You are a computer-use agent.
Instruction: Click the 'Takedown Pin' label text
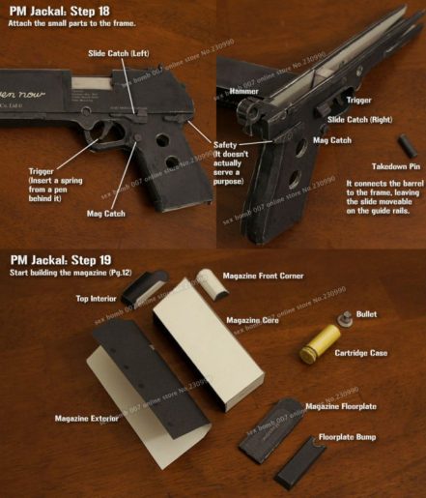pos(383,166)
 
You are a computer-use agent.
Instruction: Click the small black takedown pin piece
pos(408,146)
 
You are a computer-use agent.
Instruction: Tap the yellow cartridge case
pos(319,344)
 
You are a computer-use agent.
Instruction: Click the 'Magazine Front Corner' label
pos(263,276)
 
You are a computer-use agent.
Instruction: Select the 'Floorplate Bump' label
pos(352,436)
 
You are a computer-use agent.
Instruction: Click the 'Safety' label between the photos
pos(228,144)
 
